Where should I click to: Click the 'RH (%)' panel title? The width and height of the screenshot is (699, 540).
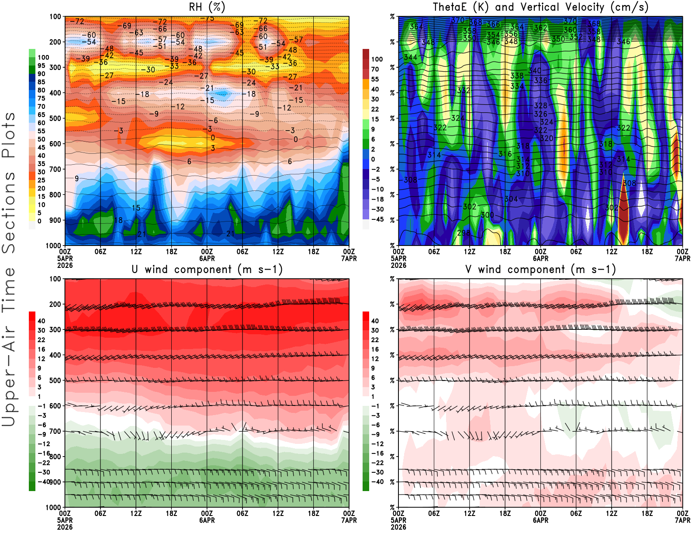point(207,7)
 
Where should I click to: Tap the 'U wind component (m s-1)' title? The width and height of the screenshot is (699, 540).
point(207,270)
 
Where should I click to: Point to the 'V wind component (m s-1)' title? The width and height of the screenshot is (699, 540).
point(540,270)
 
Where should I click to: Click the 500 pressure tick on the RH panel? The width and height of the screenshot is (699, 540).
point(55,118)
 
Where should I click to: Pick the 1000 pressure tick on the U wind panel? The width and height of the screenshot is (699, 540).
point(54,507)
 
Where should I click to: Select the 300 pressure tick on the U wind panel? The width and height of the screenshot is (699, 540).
point(55,329)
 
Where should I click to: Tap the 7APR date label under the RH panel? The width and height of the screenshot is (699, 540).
point(349,258)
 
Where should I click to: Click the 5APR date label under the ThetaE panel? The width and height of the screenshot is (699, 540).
point(398,258)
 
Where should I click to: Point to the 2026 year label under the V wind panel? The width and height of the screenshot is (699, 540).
point(398,527)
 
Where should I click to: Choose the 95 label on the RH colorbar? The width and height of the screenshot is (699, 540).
point(41,66)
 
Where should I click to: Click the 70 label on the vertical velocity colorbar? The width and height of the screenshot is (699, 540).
point(375,69)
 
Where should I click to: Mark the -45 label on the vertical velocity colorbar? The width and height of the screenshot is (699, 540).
point(377,219)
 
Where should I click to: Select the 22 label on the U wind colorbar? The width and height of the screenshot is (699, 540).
point(41,340)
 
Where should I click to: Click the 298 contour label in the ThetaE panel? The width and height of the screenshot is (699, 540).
point(464,233)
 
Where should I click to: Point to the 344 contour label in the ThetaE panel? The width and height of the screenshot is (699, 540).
point(410,57)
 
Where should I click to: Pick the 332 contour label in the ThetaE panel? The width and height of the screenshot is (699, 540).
point(464,90)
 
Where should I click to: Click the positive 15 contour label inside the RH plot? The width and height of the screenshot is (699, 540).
point(136,208)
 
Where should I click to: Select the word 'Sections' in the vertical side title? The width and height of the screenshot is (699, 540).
point(9,212)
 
